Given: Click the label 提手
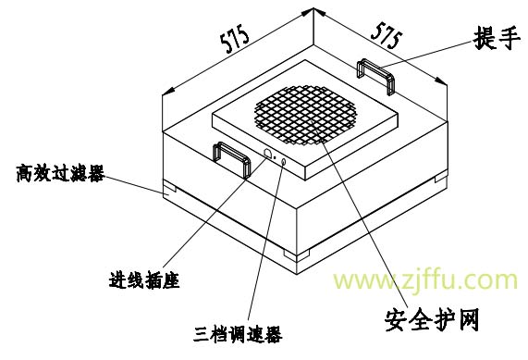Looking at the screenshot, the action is pyautogui.click(x=496, y=38).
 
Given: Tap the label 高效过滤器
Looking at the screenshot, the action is pyautogui.click(x=61, y=173).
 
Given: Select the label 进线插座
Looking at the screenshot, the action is pyautogui.click(x=144, y=280).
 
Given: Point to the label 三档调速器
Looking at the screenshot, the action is pyautogui.click(x=238, y=333).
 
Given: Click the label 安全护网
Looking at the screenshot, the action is pyautogui.click(x=432, y=319).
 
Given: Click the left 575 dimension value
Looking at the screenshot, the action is pyautogui.click(x=235, y=39).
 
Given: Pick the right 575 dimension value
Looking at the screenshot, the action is pyautogui.click(x=387, y=35).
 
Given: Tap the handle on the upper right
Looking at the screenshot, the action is pyautogui.click(x=375, y=76).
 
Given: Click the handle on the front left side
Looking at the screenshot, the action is pyautogui.click(x=232, y=159).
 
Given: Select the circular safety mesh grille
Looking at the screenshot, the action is pyautogui.click(x=306, y=115).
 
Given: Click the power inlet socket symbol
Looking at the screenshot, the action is pyautogui.click(x=268, y=154).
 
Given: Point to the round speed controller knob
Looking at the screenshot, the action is pyautogui.click(x=283, y=163).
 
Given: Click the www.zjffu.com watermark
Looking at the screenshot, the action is pyautogui.click(x=425, y=280).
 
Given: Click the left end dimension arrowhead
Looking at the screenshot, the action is pyautogui.click(x=168, y=91).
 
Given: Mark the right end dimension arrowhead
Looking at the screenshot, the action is pyautogui.click(x=441, y=81).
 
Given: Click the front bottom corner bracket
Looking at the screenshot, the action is pyautogui.click(x=296, y=255).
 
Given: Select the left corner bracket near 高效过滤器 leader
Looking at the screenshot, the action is pyautogui.click(x=169, y=188).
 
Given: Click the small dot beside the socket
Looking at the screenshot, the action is pyautogui.click(x=275, y=157).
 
